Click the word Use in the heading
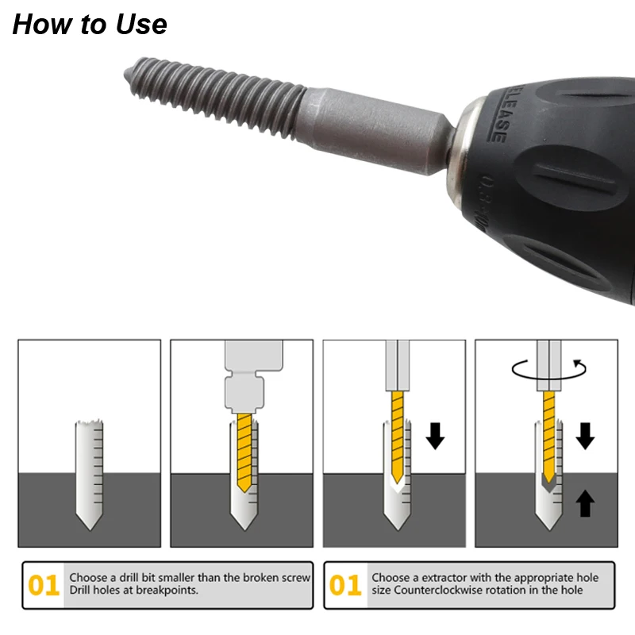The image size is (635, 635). pyautogui.click(x=141, y=24)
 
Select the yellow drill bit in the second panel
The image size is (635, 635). pyautogui.click(x=244, y=452)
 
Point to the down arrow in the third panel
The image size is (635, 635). pyautogui.click(x=435, y=436)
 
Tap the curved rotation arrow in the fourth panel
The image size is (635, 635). pyautogui.click(x=548, y=370)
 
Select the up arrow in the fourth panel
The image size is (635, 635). pyautogui.click(x=585, y=503)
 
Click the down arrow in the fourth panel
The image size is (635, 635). pyautogui.click(x=585, y=436)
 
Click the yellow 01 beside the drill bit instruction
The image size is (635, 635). pyautogui.click(x=44, y=585)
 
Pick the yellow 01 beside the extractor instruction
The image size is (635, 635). pyautogui.click(x=345, y=585)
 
